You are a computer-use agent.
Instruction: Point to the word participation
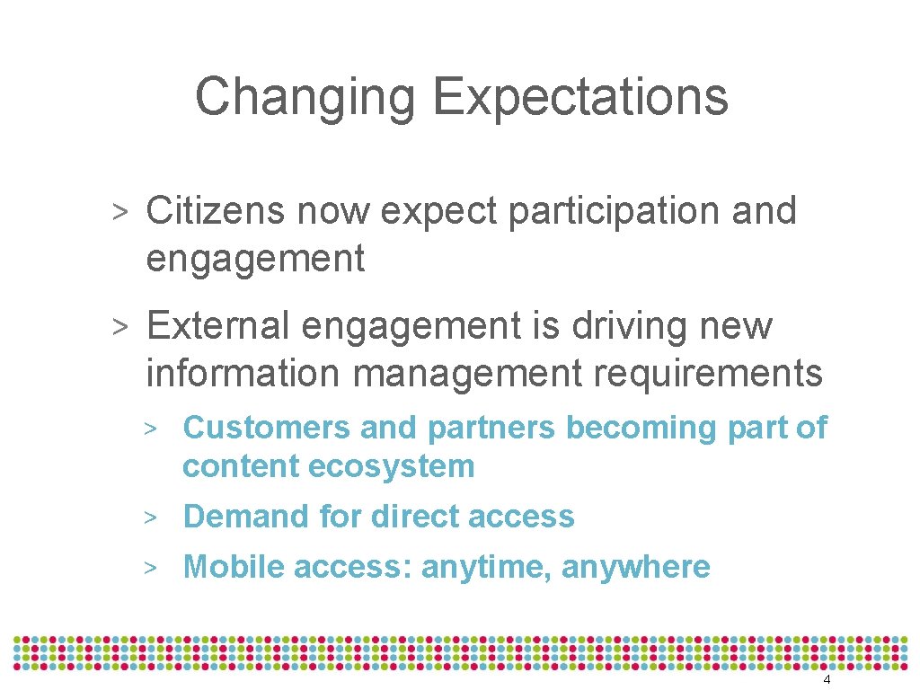(615, 213)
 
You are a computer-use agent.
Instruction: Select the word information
(243, 373)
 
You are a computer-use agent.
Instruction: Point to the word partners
(491, 429)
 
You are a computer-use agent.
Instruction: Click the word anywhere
(635, 569)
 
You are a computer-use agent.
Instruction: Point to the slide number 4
(827, 680)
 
